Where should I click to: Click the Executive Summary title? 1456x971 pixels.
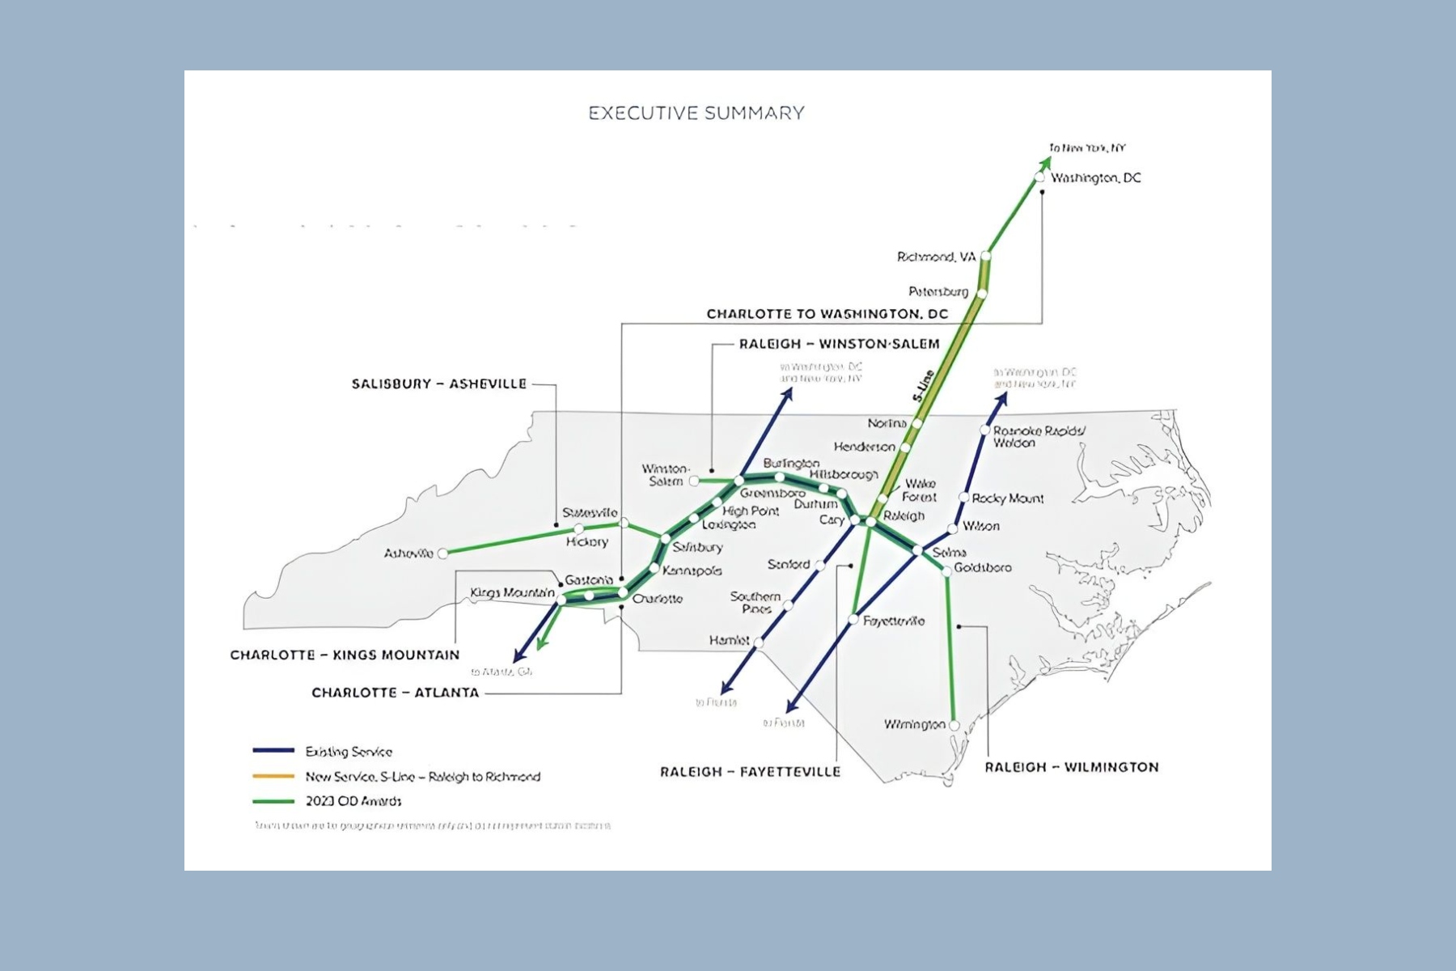[x=696, y=113]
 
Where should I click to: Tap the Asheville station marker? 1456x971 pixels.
[x=442, y=553]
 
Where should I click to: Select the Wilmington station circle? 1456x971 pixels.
[x=954, y=726]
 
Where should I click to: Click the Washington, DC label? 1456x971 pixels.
[x=1095, y=178]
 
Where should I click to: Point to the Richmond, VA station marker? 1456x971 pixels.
[x=986, y=257]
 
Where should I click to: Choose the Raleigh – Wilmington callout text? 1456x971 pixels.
[x=1071, y=767]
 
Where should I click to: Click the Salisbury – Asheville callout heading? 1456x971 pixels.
[x=438, y=384]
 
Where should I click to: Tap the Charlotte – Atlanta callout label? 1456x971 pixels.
[x=395, y=693]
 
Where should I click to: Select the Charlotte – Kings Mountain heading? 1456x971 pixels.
[x=345, y=655]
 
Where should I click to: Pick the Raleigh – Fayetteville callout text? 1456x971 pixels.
[x=750, y=772]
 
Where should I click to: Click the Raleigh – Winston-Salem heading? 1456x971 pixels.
[x=839, y=344]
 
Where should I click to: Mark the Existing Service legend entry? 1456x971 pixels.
[x=348, y=752]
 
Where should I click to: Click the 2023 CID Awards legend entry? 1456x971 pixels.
[x=353, y=801]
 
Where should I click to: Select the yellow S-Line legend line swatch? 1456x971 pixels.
[x=273, y=776]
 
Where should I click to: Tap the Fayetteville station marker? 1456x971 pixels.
[x=853, y=620]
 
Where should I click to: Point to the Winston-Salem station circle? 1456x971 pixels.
[x=694, y=481]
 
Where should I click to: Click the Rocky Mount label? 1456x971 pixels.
[x=1007, y=498]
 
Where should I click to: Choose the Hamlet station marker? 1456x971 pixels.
[x=759, y=642]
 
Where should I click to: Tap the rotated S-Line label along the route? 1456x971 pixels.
[x=923, y=386]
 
